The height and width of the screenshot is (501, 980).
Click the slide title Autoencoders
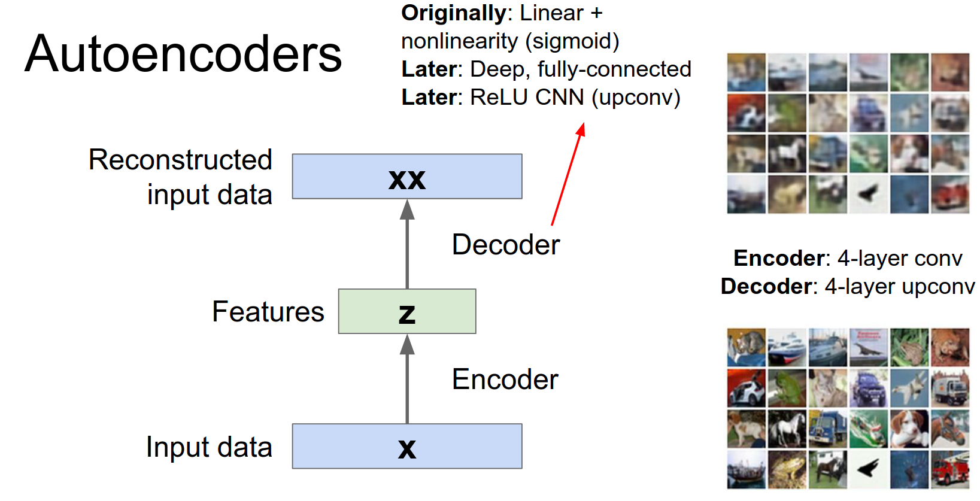tap(183, 54)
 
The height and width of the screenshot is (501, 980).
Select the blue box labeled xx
tap(407, 177)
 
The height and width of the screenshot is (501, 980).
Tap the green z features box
tap(407, 311)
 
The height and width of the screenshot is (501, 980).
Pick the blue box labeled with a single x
tap(407, 447)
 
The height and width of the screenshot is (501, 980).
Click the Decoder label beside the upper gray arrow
tap(506, 245)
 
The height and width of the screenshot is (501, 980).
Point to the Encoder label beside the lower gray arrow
tap(505, 379)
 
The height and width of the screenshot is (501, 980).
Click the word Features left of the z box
tap(268, 312)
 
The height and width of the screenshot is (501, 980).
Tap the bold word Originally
tap(454, 13)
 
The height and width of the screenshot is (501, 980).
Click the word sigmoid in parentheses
tap(572, 41)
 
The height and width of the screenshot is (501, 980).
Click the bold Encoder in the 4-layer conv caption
tap(779, 258)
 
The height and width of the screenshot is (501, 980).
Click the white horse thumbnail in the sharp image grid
tap(787, 429)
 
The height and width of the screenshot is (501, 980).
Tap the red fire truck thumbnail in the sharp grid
tap(950, 469)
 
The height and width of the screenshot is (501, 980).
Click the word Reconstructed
tap(180, 160)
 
